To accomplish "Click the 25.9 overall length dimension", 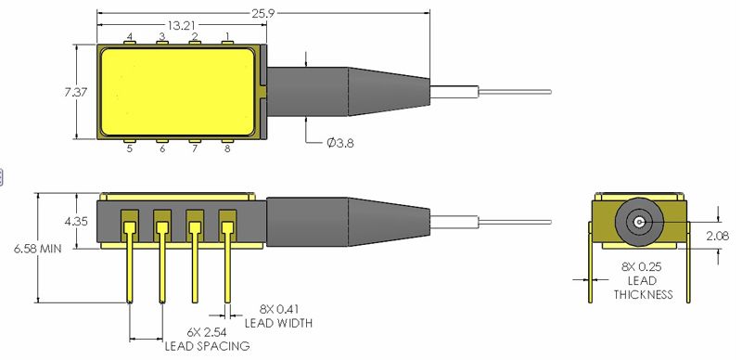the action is coord(263,13).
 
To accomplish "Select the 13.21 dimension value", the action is coord(180,26).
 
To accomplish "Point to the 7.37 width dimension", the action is coord(76,92).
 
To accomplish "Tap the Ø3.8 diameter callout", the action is coord(339,143).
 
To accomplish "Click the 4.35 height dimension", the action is coord(76,221).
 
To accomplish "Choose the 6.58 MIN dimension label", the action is coord(38,249).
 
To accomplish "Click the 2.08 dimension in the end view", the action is coord(717,236).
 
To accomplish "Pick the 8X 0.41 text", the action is coord(279,310).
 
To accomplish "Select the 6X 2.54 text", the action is coord(207,332).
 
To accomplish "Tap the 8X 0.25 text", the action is coord(643,266).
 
